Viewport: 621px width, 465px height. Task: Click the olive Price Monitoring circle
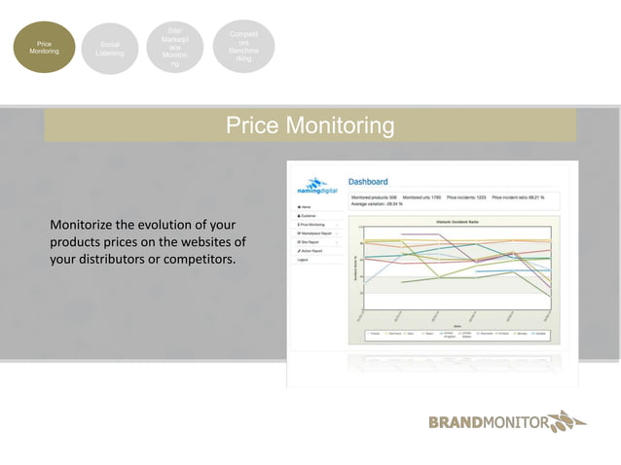(43, 49)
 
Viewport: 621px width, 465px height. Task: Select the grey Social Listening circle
(109, 49)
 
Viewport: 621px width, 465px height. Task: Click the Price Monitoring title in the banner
(310, 125)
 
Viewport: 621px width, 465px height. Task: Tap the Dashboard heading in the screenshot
(368, 181)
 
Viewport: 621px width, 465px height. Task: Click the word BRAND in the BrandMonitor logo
(453, 423)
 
